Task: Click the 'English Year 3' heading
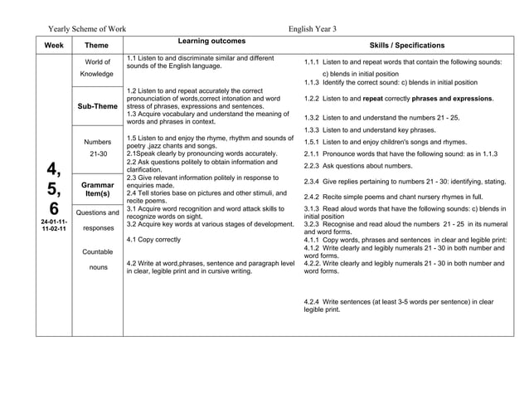(x=312, y=28)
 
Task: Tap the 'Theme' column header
(x=97, y=45)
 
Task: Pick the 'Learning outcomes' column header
(x=211, y=41)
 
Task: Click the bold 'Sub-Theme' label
(x=97, y=106)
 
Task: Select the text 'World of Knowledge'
(x=97, y=68)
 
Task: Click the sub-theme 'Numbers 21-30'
(x=97, y=148)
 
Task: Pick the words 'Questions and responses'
(x=97, y=220)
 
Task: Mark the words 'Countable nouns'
(x=97, y=259)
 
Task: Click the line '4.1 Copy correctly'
(x=153, y=239)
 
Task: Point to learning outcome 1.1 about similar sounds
(x=200, y=62)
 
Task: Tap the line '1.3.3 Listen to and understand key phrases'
(x=370, y=130)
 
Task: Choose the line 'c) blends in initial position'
(x=377, y=73)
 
